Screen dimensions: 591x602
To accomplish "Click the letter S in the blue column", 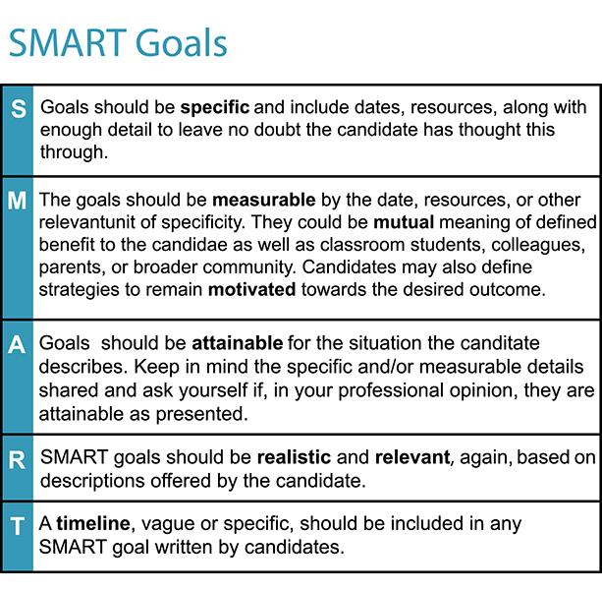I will click(17, 108).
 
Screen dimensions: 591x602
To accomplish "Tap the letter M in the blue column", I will click(17, 202).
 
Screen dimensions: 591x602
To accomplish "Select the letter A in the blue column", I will click(17, 346).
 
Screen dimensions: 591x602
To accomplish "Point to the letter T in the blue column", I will click(17, 526).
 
